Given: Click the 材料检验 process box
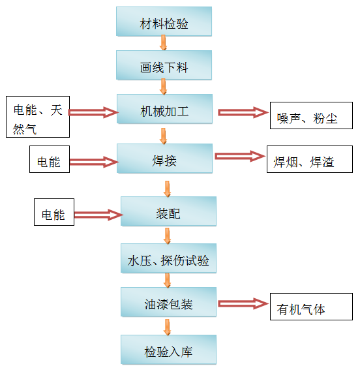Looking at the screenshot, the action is pyautogui.click(x=164, y=22).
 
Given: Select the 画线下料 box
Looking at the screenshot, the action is pyautogui.click(x=164, y=65).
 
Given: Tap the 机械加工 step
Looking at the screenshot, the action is pyautogui.click(x=164, y=109).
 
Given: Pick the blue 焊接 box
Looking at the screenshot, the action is pyautogui.click(x=164, y=159).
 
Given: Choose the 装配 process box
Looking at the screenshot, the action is pyautogui.click(x=168, y=211).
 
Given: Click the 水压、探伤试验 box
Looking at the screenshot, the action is pyautogui.click(x=168, y=258).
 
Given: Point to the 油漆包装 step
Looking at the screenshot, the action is pyautogui.click(x=168, y=302).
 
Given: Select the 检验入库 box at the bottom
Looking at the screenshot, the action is pyautogui.click(x=168, y=350).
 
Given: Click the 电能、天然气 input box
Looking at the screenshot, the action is pyautogui.click(x=38, y=117).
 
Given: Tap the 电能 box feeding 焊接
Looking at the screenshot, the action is pyautogui.click(x=50, y=159).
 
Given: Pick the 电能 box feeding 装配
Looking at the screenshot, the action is pyautogui.click(x=54, y=212).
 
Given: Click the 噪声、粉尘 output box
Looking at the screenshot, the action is pyautogui.click(x=311, y=115).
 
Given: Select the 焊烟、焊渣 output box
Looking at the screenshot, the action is pyautogui.click(x=310, y=159).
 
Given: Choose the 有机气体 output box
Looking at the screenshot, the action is pyautogui.click(x=311, y=307).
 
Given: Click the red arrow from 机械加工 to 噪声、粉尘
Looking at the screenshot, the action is pyautogui.click(x=243, y=112).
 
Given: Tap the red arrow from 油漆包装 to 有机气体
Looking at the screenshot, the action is pyautogui.click(x=243, y=303).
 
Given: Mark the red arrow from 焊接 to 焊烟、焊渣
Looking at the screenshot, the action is pyautogui.click(x=240, y=157).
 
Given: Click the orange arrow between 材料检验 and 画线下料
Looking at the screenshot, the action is pyautogui.click(x=163, y=42).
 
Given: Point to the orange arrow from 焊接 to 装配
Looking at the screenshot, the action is pyautogui.click(x=167, y=189).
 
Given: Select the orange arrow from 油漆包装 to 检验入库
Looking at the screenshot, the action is pyautogui.click(x=167, y=327).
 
